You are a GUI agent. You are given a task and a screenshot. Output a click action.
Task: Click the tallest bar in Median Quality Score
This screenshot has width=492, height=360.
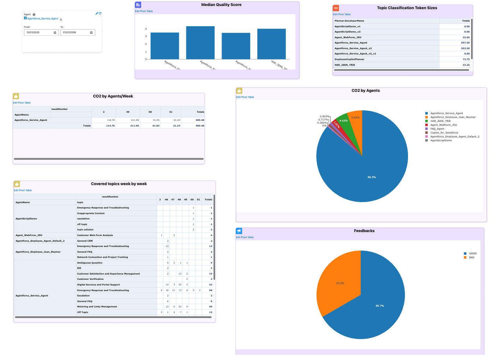coord(200,42)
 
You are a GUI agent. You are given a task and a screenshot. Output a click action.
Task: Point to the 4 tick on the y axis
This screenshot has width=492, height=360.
coord(146,29)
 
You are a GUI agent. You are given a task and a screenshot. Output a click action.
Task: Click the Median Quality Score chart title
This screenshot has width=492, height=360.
coord(221,5)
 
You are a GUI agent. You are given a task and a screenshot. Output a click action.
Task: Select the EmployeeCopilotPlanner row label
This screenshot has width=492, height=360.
coord(349,59)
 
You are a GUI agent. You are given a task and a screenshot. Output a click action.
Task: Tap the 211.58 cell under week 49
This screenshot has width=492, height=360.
coord(135,120)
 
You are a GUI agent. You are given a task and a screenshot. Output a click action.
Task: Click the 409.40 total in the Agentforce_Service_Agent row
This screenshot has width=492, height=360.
coord(200,120)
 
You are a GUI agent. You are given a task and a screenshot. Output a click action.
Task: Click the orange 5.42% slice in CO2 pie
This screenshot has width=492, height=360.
coord(355,120)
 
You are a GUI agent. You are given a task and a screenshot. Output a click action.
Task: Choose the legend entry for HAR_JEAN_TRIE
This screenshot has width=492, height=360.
coord(440,121)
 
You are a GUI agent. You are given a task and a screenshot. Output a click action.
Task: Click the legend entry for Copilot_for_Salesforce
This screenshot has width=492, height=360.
coord(444,133)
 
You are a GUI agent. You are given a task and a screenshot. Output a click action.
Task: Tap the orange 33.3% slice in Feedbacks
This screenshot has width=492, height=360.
coord(339,283)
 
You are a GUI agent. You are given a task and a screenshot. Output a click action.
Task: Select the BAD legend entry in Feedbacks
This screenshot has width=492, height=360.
coord(472,258)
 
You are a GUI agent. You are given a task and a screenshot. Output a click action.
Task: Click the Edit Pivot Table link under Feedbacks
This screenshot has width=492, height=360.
coord(245,237)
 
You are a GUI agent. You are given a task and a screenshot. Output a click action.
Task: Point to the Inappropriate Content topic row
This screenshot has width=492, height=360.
coord(91,213)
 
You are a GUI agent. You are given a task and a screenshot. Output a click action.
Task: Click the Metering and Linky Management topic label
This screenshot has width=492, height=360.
coord(97,307)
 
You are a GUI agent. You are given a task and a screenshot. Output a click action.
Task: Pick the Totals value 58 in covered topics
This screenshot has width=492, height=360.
coord(210,290)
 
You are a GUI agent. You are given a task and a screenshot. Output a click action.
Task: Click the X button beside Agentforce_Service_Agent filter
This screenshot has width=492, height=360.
coord(61,20)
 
